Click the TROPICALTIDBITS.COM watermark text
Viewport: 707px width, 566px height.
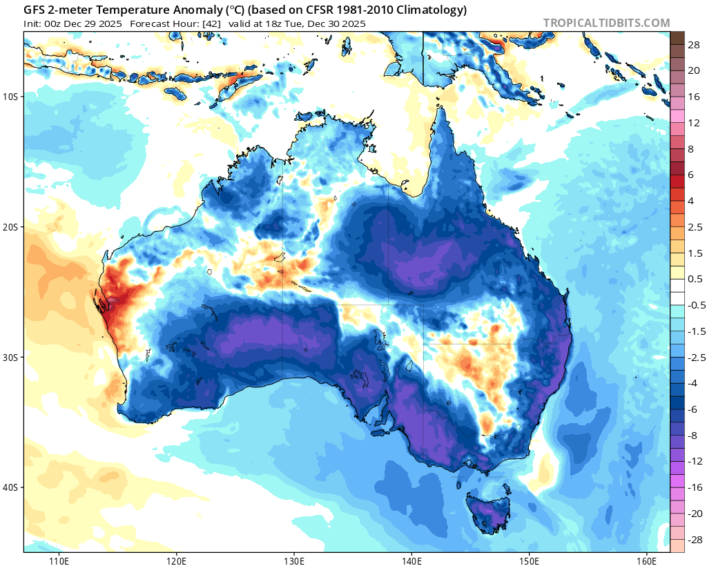606,23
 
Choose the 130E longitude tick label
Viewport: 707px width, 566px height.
294,558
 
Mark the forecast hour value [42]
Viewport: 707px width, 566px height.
211,23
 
